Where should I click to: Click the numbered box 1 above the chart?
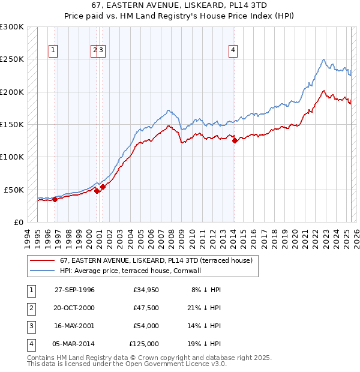coord(54,51)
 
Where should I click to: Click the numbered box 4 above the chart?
coord(232,51)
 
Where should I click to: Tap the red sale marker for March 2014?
coord(235,141)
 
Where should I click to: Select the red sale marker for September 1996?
coord(55,199)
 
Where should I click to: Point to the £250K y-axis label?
coord(11,59)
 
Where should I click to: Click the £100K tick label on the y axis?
coord(11,157)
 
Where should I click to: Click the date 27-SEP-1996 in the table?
coord(74,290)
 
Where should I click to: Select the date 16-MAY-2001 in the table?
coord(74,326)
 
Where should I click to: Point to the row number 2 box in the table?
coord(30,308)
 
